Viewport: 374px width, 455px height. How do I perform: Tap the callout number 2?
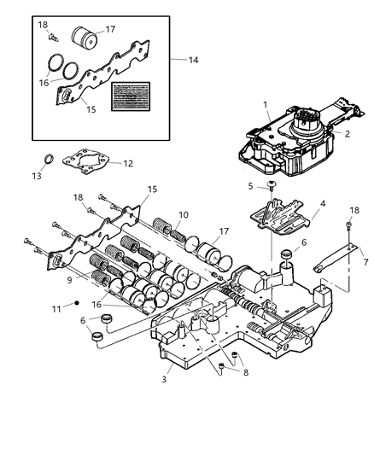click(348, 134)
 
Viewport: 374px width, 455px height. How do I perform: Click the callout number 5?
click(250, 185)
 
